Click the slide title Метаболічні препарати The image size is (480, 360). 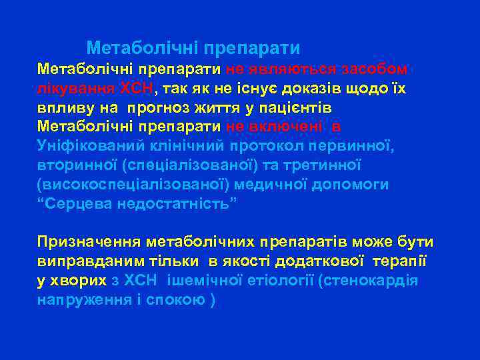coord(193,49)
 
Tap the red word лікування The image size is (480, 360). coord(75,89)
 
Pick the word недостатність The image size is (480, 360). coord(176,203)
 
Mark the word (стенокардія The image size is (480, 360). coord(368,280)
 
